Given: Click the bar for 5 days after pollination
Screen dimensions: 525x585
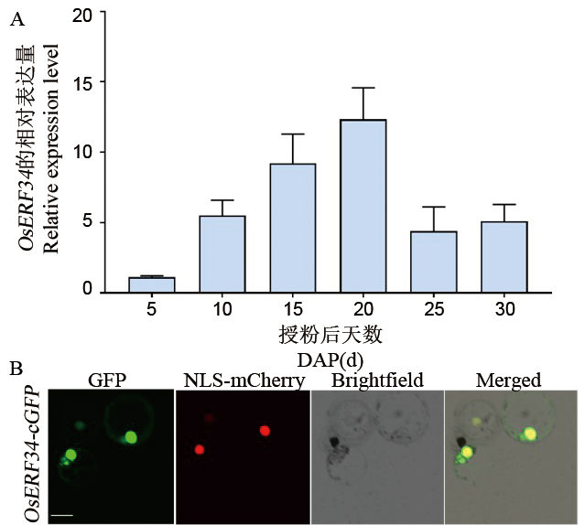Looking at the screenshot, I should (152, 284).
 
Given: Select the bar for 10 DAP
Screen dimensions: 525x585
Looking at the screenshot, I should (222, 254).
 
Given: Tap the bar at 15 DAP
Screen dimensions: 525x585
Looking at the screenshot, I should (293, 228).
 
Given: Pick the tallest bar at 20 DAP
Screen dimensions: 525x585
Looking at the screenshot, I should (363, 206).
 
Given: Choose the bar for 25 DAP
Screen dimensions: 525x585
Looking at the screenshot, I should (434, 262).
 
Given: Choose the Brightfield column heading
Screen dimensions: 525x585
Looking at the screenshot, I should (377, 380).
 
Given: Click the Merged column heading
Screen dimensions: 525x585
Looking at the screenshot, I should (510, 380).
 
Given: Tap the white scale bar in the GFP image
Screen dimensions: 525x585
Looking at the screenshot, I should (62, 517).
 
